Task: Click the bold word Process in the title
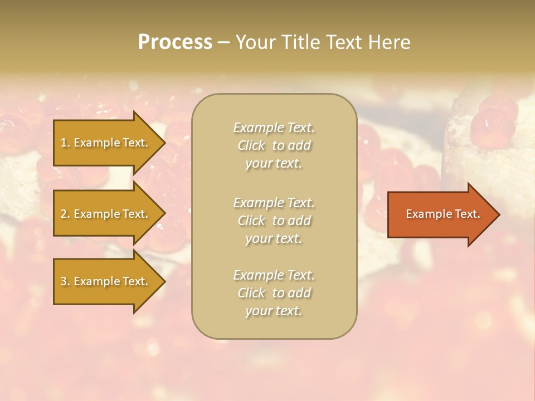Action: point(175,42)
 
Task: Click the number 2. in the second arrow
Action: point(65,214)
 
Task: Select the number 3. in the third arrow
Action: point(65,281)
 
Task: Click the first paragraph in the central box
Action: point(274,145)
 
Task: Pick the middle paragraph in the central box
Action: point(274,221)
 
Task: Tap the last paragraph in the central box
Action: point(274,293)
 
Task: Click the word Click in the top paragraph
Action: point(251,145)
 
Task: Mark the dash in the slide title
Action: point(223,43)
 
